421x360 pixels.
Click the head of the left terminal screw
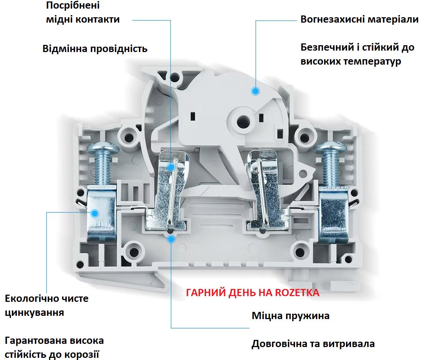pos(105,148)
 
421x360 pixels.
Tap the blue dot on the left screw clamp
pos(94,213)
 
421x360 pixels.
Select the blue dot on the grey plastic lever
pos(255,91)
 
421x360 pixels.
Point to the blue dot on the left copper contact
pos(171,167)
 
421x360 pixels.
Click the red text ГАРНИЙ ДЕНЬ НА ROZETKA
pos(252,293)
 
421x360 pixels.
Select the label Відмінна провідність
pos(95,48)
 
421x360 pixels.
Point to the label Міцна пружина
pos(290,316)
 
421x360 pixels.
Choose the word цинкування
pos(34,312)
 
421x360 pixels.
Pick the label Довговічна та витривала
pos(313,343)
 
